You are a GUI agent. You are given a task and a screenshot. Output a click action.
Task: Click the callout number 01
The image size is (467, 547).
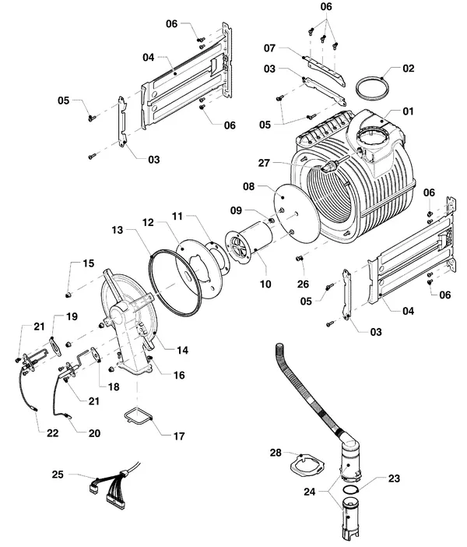pyautogui.click(x=408, y=111)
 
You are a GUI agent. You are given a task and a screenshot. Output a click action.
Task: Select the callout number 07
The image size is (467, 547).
pyautogui.click(x=269, y=48)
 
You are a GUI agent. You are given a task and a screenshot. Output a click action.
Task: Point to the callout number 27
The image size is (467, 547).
pyautogui.click(x=264, y=163)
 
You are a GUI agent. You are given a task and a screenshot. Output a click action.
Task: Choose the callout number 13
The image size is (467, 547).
pyautogui.click(x=118, y=230)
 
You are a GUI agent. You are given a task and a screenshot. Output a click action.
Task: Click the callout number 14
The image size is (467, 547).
pyautogui.click(x=182, y=350)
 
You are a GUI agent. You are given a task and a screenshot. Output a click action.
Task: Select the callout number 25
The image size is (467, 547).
pyautogui.click(x=58, y=475)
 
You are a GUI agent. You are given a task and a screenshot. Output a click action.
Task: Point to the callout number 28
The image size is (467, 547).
pyautogui.click(x=276, y=453)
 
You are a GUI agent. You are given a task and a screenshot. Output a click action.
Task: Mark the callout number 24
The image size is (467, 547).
pyautogui.click(x=310, y=492)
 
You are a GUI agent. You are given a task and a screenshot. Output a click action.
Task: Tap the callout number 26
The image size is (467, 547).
pyautogui.click(x=303, y=284)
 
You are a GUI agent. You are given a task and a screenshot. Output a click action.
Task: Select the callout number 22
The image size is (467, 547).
pyautogui.click(x=53, y=433)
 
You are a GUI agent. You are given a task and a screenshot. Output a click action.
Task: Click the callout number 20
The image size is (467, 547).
pyautogui.click(x=94, y=433)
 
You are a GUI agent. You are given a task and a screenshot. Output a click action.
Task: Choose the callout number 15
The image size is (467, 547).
pyautogui.click(x=89, y=263)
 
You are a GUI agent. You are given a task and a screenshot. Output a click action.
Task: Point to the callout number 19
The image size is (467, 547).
pyautogui.click(x=72, y=316)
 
